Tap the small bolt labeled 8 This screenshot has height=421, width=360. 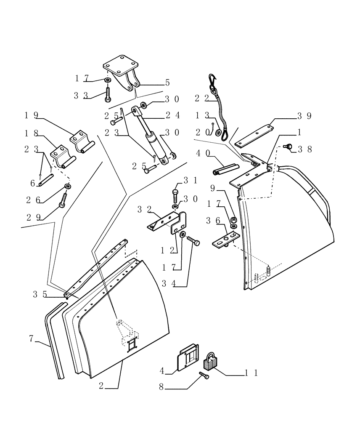[x=204, y=376]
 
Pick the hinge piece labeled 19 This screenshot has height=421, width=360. [x=81, y=141]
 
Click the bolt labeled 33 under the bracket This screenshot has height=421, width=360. [x=107, y=93]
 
